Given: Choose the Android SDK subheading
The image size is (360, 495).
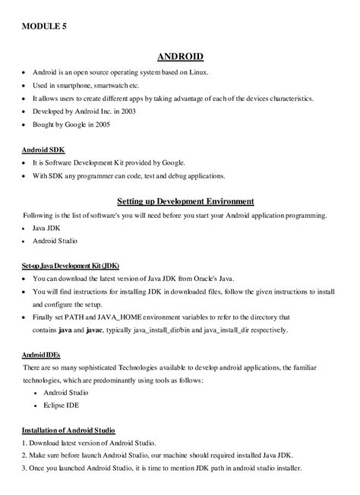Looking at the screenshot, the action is coord(44,150).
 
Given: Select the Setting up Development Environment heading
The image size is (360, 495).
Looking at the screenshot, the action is coord(185,201).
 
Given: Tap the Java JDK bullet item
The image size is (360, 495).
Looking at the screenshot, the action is coord(47,227).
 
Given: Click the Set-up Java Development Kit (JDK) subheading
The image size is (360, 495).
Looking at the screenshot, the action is coord(65,266).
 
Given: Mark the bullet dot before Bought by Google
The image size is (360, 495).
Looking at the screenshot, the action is coord(24,125).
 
